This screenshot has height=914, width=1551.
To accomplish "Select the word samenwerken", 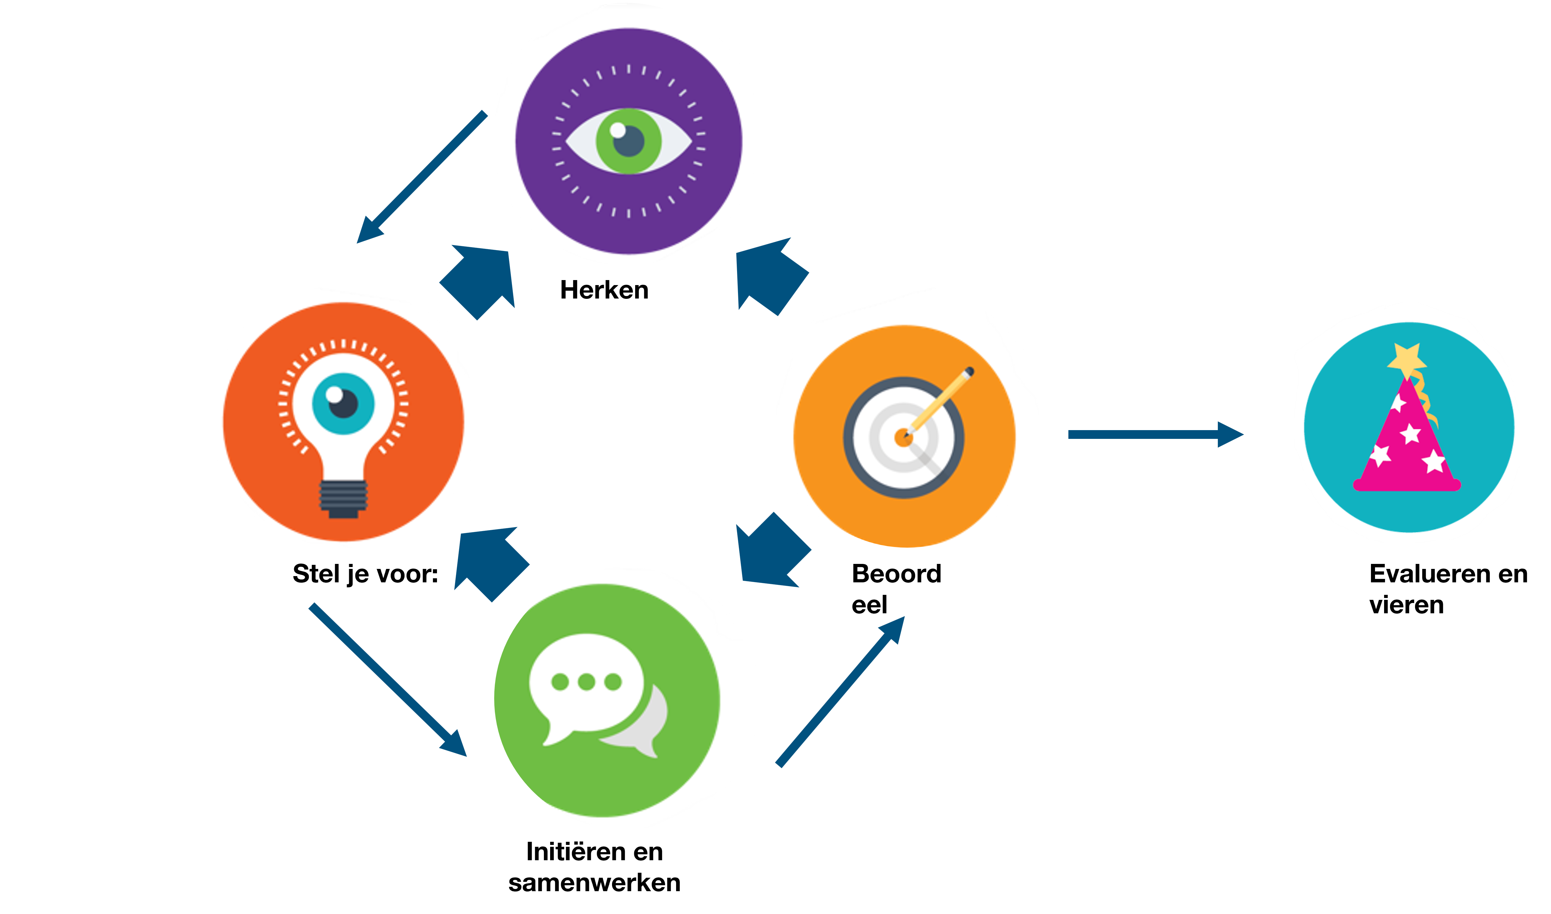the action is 594,883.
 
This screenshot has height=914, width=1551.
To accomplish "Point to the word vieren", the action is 1406,605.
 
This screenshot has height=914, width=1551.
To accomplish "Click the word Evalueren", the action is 1425,574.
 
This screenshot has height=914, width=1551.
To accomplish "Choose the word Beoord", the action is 896,574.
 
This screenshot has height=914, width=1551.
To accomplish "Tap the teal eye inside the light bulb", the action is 343,404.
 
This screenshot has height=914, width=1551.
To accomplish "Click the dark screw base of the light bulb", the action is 343,499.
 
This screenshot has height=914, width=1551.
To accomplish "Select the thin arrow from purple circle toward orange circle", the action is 422,177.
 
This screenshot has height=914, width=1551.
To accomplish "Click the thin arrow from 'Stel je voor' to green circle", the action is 388,680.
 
